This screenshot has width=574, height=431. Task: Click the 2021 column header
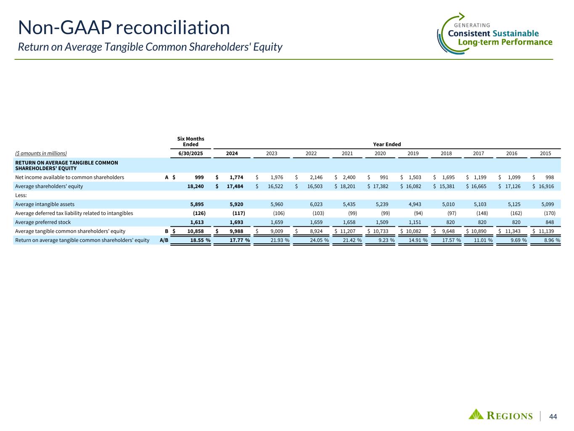coord(347,154)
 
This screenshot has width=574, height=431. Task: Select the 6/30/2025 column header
coord(190,154)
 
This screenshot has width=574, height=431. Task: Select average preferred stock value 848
coord(548,222)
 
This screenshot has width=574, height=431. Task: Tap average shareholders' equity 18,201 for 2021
coord(347,186)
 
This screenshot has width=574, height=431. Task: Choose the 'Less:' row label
coord(21,195)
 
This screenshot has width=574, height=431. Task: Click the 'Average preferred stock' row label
coord(43,222)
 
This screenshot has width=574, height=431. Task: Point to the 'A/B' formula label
coord(164,240)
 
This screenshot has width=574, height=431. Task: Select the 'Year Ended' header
coord(387,144)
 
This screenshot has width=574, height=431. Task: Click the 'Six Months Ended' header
coord(190,141)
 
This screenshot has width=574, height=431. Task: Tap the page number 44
coord(553,417)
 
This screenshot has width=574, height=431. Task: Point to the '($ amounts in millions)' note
coord(41,154)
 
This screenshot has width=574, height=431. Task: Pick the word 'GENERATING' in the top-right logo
coord(472,25)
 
